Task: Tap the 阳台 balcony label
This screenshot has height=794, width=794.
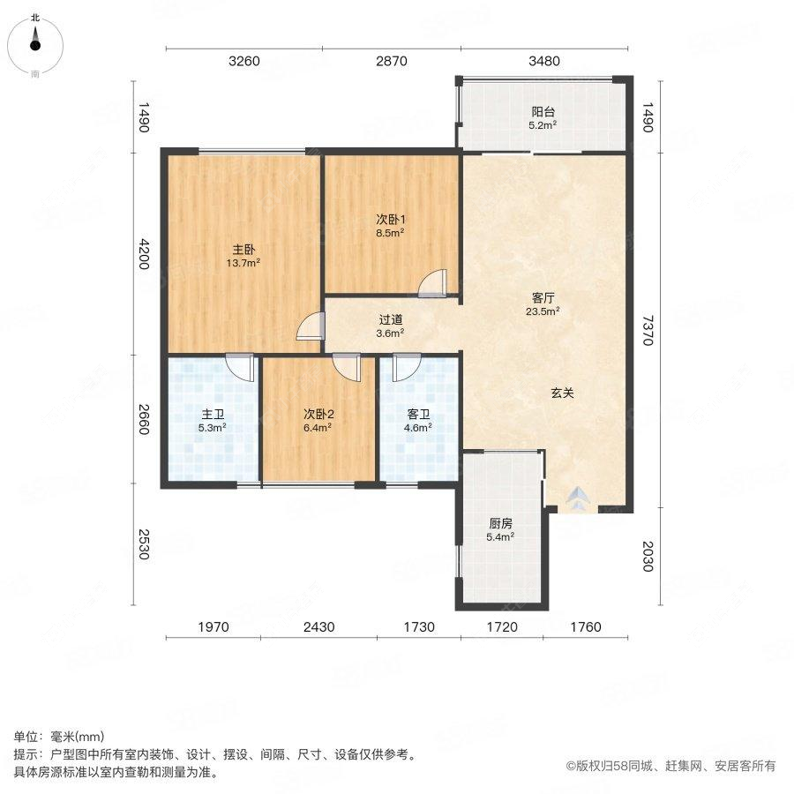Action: click(x=543, y=112)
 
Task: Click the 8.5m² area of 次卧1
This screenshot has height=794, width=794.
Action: click(x=390, y=234)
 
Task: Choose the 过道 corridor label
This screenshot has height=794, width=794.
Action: click(x=390, y=320)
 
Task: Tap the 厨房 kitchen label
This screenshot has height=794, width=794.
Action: click(x=500, y=522)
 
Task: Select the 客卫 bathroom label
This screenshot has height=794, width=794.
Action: click(x=419, y=414)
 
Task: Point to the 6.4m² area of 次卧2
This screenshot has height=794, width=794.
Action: click(x=318, y=428)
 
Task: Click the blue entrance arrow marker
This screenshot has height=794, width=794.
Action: click(x=575, y=499)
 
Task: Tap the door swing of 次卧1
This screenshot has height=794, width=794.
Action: click(x=433, y=283)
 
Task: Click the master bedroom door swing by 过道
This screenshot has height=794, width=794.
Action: click(x=311, y=326)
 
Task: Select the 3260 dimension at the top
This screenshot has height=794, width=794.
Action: click(x=244, y=61)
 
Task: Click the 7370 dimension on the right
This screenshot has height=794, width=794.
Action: click(x=649, y=328)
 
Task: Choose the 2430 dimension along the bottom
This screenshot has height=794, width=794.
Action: click(x=319, y=627)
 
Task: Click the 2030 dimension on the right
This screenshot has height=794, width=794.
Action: click(x=649, y=558)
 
